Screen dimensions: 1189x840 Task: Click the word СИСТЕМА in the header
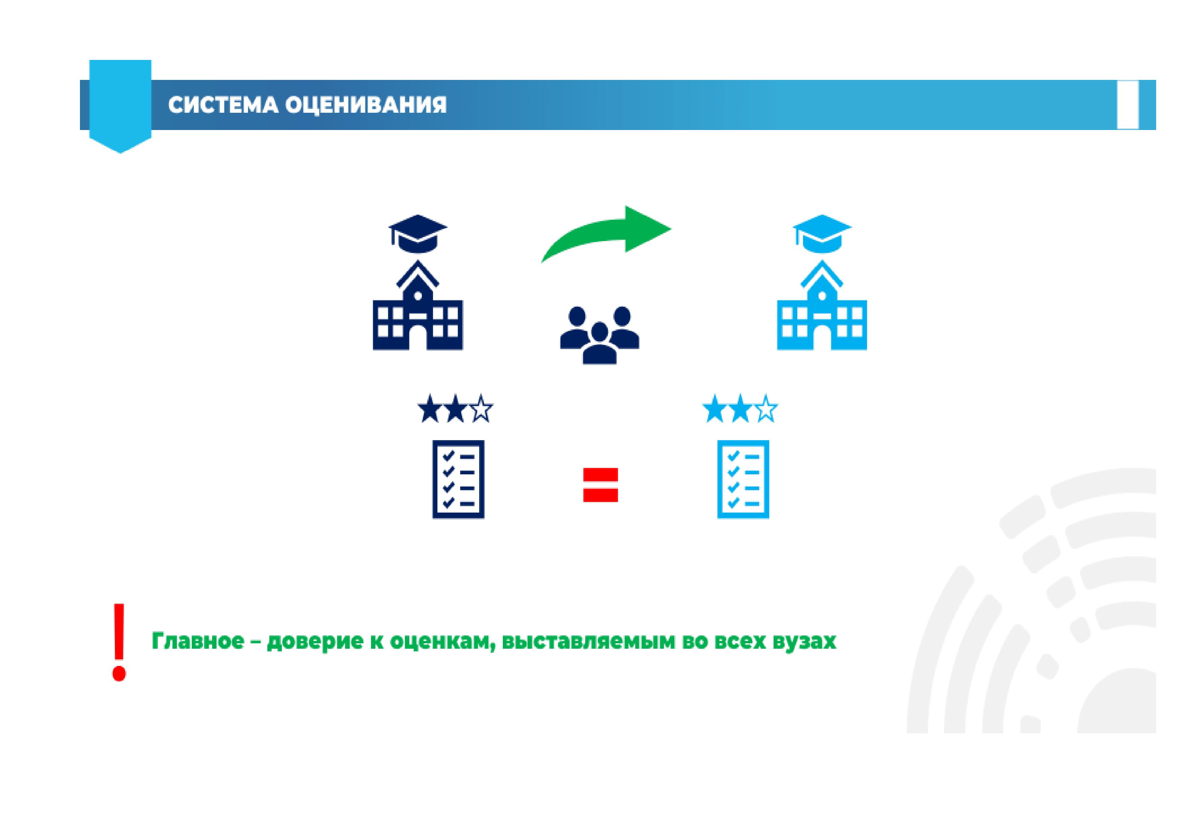click(x=223, y=105)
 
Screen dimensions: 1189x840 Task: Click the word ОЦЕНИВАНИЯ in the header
click(x=366, y=105)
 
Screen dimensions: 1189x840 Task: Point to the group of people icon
click(x=600, y=336)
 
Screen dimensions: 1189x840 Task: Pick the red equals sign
click(x=601, y=485)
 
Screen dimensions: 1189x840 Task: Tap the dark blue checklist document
click(x=458, y=479)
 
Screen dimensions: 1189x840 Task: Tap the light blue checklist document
click(x=743, y=479)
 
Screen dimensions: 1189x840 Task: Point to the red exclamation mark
click(x=120, y=642)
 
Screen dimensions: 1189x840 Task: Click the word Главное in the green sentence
click(x=198, y=641)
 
